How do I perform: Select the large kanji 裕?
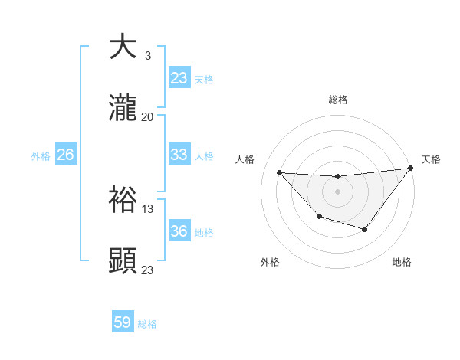coord(123,199)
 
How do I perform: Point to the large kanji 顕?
coord(123,260)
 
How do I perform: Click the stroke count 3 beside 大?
coord(147,56)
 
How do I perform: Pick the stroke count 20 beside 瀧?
coord(147,116)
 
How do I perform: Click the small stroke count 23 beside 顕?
coord(147,270)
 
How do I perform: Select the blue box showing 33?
coord(179,155)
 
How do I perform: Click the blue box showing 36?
coord(179,231)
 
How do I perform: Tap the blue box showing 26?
coord(65,155)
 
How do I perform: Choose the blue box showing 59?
coord(123,322)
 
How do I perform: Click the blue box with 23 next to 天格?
coord(179,78)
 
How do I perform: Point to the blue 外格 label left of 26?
coord(41,155)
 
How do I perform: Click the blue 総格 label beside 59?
coord(147,324)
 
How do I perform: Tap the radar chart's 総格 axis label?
coord(337,100)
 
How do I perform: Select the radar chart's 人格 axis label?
coord(245,159)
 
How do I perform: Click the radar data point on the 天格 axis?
coord(410,168)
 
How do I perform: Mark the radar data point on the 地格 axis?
coord(365,229)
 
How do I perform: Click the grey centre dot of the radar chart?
coord(337,191)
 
